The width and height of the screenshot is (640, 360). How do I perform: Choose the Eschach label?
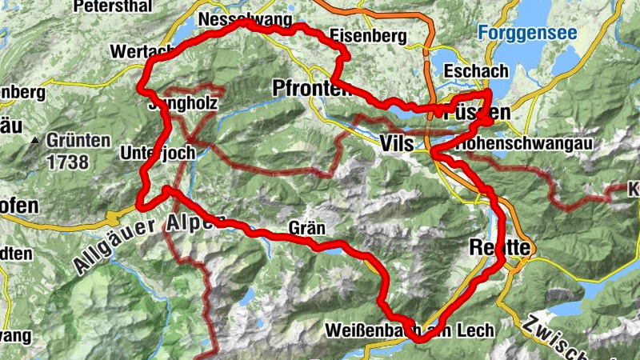pos(477,70)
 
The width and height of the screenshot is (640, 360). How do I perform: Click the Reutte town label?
pos(501,246)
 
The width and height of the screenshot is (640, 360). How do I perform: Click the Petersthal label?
pos(112,6)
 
